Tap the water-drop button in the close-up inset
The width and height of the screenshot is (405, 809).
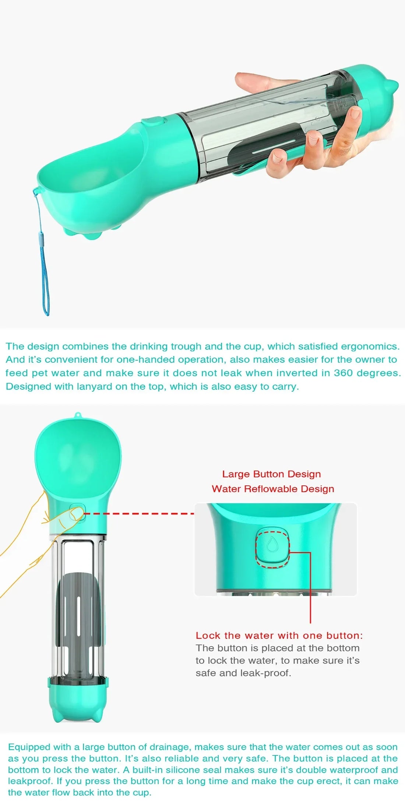pyautogui.click(x=272, y=546)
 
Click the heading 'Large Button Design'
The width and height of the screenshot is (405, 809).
pyautogui.click(x=271, y=474)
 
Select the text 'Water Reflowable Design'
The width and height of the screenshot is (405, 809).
pyautogui.click(x=273, y=489)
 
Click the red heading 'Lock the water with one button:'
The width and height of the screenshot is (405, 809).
pyautogui.click(x=279, y=635)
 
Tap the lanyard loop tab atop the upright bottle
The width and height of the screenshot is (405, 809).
pyautogui.click(x=77, y=415)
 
